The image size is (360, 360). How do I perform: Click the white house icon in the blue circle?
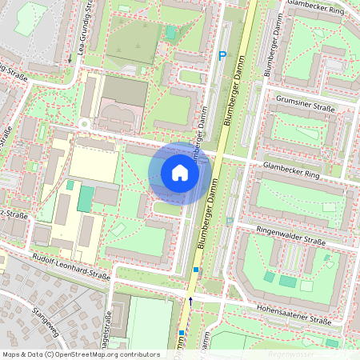click(x=180, y=173)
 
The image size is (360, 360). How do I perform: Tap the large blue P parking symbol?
click(x=222, y=55)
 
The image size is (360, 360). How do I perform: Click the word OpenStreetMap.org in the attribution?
click(x=95, y=354)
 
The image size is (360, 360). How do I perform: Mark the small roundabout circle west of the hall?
click(x=83, y=124)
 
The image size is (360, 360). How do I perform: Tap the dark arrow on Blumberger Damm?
click(x=190, y=301)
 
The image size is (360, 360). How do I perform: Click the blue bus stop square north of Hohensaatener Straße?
click(x=195, y=270)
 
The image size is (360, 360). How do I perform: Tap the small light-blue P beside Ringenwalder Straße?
click(x=230, y=222)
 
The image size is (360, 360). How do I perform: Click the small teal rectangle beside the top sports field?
click(x=170, y=32)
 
